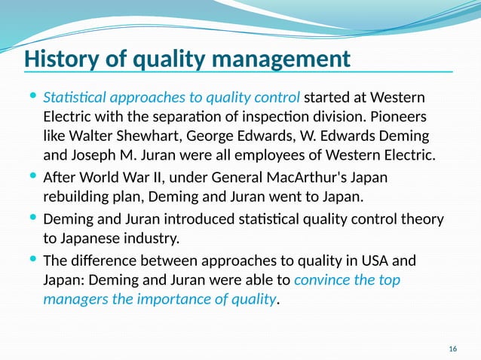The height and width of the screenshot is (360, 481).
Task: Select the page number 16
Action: click(452, 349)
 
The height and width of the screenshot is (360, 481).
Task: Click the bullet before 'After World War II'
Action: click(32, 178)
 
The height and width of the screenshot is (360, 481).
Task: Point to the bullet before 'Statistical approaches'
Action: click(32, 98)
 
